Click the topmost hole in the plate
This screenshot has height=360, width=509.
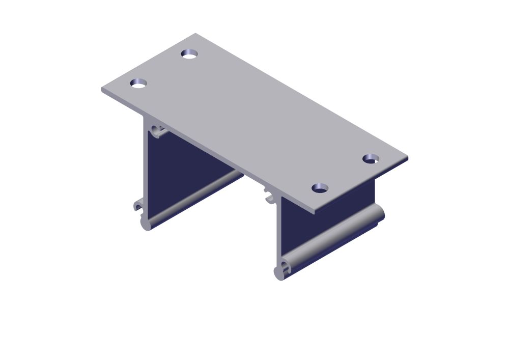click(x=189, y=53)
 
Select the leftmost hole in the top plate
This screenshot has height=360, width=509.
click(x=138, y=83)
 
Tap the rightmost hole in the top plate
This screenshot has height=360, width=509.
click(x=371, y=158)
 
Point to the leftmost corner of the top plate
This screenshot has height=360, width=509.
click(x=102, y=91)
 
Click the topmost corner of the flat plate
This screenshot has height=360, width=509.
click(x=195, y=34)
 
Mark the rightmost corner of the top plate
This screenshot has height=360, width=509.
click(x=408, y=159)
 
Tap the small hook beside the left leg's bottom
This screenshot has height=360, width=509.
click(x=137, y=206)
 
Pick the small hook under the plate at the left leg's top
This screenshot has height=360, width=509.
click(x=158, y=131)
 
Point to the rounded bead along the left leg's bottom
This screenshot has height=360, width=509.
click(x=193, y=199)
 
